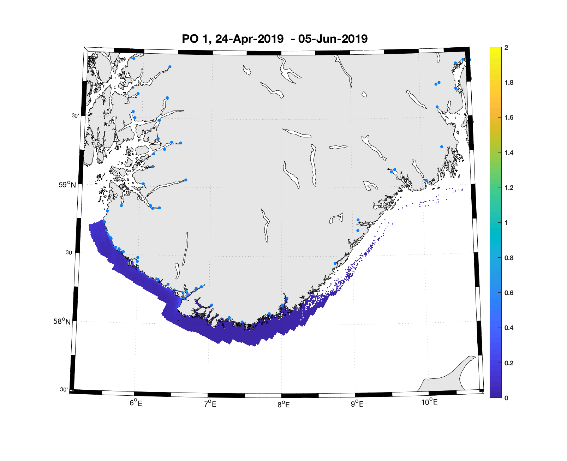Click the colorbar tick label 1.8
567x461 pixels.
(x=509, y=83)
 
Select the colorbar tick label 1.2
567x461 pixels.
(x=509, y=188)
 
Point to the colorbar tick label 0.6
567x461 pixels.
(x=509, y=293)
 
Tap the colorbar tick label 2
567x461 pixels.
(x=506, y=48)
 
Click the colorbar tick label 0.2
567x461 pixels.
(x=509, y=363)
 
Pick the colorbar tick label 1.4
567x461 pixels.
(x=509, y=153)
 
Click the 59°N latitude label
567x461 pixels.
(x=67, y=185)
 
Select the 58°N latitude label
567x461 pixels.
(x=62, y=321)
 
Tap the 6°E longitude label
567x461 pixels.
(x=136, y=403)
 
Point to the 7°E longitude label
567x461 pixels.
(x=210, y=403)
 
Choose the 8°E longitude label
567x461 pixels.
(x=283, y=405)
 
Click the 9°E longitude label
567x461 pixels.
(x=357, y=403)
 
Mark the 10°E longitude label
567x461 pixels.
(x=429, y=402)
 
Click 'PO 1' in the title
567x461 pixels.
(x=196, y=39)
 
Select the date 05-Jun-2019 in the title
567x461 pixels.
(x=333, y=39)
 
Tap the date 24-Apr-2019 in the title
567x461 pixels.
(x=249, y=39)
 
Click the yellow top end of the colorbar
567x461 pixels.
(x=495, y=49)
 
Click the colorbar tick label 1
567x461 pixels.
(x=506, y=223)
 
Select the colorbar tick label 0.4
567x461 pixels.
(x=509, y=328)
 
